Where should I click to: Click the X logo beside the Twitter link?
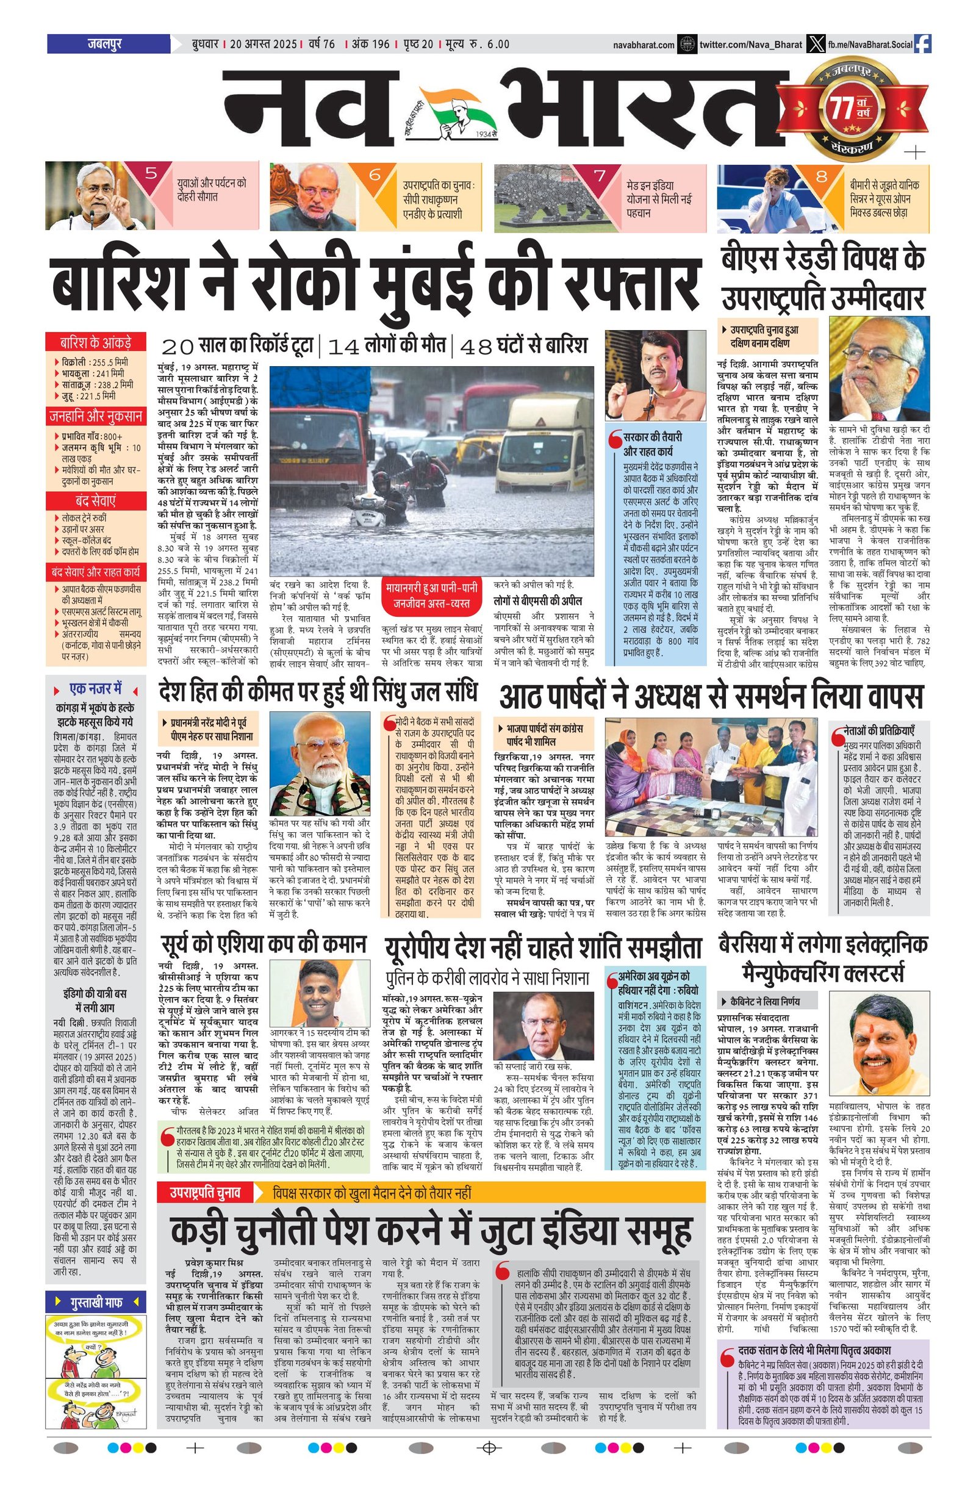(x=814, y=44)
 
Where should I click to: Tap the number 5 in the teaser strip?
(x=151, y=174)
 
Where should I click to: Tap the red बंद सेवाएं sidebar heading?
(x=95, y=500)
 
